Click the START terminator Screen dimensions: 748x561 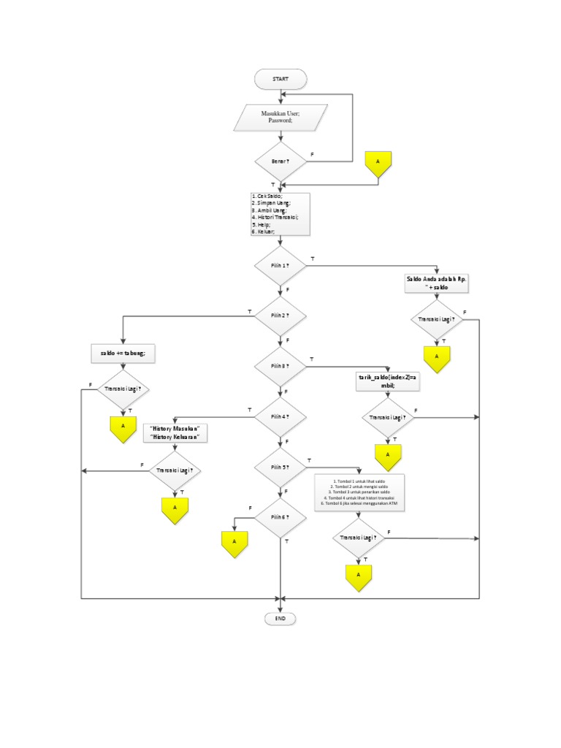pyautogui.click(x=280, y=79)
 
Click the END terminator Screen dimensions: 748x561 pyautogui.click(x=280, y=619)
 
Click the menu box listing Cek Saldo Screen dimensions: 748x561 pyautogui.click(x=280, y=214)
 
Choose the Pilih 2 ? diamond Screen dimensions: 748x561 pyautogui.click(x=280, y=316)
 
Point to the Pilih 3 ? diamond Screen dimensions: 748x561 pyautogui.click(x=280, y=366)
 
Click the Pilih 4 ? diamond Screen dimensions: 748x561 pyautogui.click(x=280, y=416)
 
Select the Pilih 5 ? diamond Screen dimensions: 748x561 pyautogui.click(x=280, y=467)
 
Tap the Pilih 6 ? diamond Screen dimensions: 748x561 pyautogui.click(x=280, y=517)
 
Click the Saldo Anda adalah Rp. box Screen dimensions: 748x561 pyautogui.click(x=436, y=283)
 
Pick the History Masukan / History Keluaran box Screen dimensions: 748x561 pyautogui.click(x=175, y=432)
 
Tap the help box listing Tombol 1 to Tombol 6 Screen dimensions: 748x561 pyautogui.click(x=358, y=494)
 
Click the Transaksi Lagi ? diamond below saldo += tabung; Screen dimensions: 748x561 pyautogui.click(x=123, y=389)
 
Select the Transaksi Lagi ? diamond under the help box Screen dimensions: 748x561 pyautogui.click(x=359, y=538)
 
